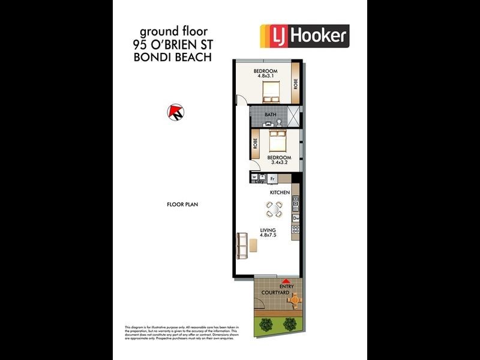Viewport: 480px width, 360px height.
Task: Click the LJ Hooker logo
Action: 304,36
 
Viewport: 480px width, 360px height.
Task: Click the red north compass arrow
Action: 176,111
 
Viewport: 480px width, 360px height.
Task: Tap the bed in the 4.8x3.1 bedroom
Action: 270,92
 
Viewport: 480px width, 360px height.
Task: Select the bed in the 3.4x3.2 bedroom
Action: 277,142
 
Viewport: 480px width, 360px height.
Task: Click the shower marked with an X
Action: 294,115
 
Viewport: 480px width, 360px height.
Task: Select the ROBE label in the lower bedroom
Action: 256,145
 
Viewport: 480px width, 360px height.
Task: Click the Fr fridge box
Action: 272,178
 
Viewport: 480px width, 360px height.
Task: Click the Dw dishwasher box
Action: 295,218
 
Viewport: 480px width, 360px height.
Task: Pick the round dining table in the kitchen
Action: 274,209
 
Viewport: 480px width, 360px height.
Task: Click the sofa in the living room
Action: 243,244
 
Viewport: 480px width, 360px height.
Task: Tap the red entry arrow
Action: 287,280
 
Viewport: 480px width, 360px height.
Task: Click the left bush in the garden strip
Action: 266,325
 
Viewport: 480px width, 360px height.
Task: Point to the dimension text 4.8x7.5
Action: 268,236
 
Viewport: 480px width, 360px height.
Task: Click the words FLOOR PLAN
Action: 182,205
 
